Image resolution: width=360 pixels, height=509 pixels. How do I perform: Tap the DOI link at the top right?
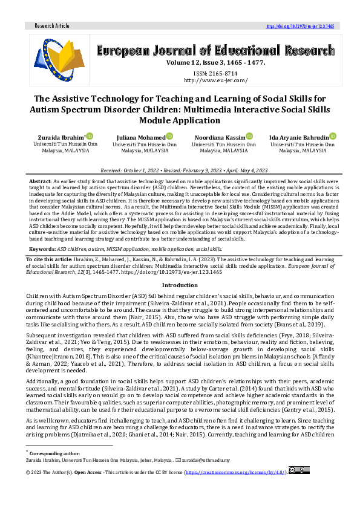300,26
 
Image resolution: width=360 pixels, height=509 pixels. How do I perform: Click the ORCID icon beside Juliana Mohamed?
170,137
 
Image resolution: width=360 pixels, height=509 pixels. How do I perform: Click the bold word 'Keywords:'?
42,248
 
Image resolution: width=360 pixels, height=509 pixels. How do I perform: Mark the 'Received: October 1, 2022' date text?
126,172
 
